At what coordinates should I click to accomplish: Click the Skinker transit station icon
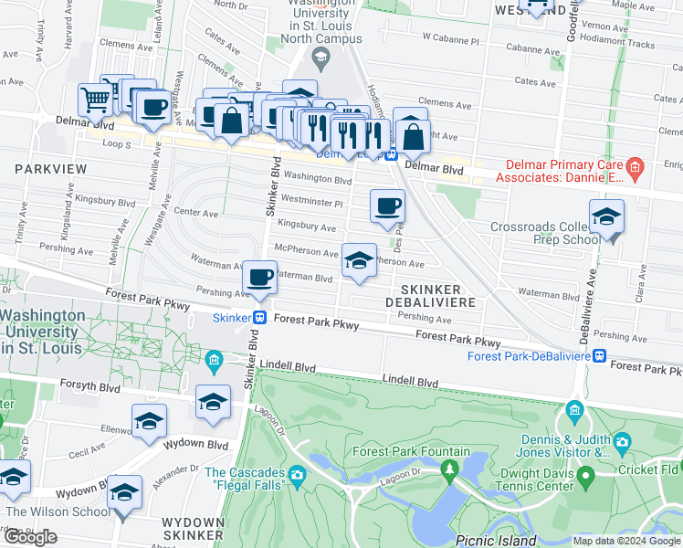point(260,318)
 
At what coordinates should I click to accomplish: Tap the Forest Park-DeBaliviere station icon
point(599,355)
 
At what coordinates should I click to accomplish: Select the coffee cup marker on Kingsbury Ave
point(387,205)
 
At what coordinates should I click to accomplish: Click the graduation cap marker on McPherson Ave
point(359,260)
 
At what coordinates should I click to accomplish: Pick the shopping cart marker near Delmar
point(95,100)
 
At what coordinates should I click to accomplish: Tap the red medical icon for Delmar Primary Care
point(636,167)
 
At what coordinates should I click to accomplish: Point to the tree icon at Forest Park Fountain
point(448,469)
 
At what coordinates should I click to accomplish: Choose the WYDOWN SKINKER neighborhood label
point(192,527)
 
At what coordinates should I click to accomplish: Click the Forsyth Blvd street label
point(89,385)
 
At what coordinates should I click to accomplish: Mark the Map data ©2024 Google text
point(626,541)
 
